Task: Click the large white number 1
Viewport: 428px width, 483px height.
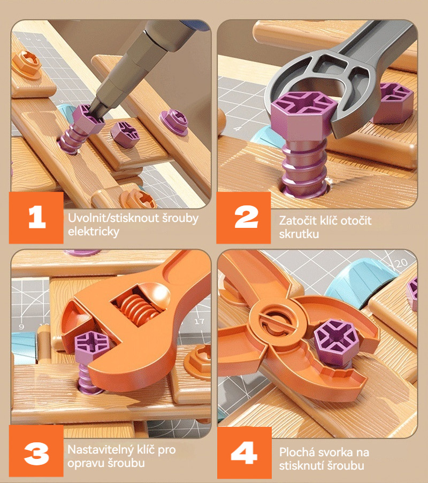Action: (x=37, y=218)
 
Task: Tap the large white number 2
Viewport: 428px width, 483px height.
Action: (x=246, y=217)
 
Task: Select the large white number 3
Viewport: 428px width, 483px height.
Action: (x=36, y=454)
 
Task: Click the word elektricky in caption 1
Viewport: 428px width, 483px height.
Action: (x=94, y=231)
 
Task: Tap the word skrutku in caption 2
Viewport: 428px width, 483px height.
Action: (x=299, y=234)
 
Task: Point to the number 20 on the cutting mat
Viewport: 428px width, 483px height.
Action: (x=401, y=263)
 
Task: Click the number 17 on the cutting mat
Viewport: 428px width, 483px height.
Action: (x=200, y=321)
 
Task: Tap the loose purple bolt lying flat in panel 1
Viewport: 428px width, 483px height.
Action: (x=125, y=134)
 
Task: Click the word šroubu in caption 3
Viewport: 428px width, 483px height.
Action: (x=126, y=463)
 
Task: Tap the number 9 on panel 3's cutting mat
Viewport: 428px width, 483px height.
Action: (x=21, y=326)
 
